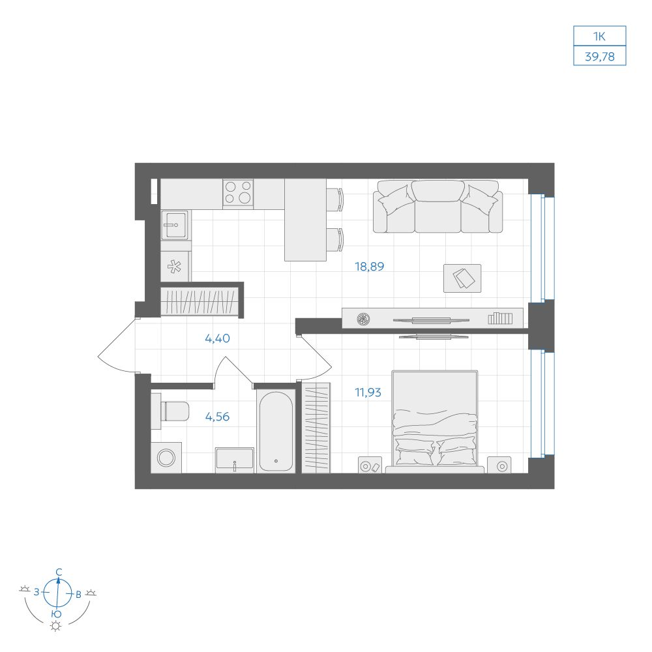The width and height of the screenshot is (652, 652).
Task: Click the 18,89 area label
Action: [x=369, y=267]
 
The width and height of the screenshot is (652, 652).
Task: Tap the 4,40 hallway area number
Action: [x=217, y=338]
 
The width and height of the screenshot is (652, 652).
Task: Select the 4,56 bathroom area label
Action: [x=217, y=417]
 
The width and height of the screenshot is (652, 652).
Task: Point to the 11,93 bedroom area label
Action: [x=368, y=393]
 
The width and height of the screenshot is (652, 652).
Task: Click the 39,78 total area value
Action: [x=600, y=57]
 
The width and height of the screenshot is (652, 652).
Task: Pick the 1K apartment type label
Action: [x=600, y=37]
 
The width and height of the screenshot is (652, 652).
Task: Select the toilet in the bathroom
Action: [x=170, y=411]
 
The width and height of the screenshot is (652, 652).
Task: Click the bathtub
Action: [x=276, y=431]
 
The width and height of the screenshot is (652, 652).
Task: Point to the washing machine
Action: [x=166, y=458]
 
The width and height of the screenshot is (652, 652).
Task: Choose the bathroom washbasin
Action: [x=235, y=459]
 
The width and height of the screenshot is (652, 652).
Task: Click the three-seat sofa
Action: [x=438, y=207]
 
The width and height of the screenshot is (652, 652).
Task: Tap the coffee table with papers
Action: [x=462, y=278]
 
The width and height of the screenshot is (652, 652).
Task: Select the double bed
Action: [x=434, y=421]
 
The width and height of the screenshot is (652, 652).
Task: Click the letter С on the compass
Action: [x=59, y=572]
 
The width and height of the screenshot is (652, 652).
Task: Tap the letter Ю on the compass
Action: [x=57, y=614]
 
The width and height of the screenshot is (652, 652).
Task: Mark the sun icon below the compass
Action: [x=55, y=626]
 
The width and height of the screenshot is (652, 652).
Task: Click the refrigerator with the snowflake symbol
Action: [x=175, y=267]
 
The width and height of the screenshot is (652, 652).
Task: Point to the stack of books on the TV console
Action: [x=500, y=318]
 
